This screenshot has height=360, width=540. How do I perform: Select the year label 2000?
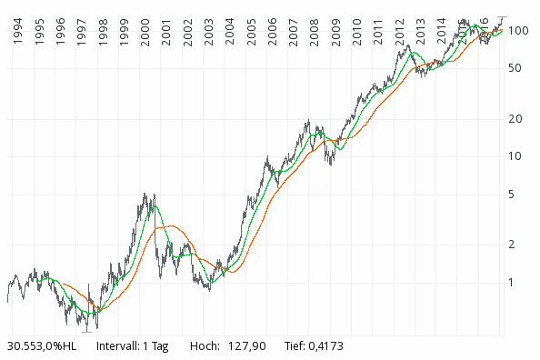click(146, 32)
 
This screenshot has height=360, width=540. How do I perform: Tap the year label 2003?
click(210, 32)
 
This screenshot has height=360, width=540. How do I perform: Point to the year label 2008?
click(315, 32)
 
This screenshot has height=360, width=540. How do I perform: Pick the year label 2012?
click(400, 32)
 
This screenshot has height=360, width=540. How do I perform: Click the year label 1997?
click(83, 32)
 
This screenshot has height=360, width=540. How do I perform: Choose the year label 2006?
click(273, 32)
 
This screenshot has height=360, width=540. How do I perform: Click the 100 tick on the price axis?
click(519, 31)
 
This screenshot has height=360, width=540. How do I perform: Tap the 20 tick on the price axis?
click(516, 119)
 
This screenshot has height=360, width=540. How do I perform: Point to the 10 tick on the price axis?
click(516, 156)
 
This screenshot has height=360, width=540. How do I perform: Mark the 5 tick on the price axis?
click(514, 195)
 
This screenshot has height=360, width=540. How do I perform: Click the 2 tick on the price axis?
click(514, 245)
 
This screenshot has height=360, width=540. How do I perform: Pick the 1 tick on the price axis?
click(514, 283)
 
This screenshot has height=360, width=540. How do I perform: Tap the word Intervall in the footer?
click(117, 346)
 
